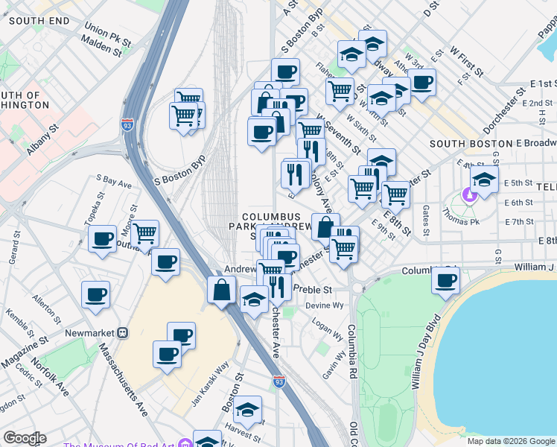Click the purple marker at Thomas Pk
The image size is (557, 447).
coord(468,196)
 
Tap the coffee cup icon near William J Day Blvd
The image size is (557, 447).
coord(446,281)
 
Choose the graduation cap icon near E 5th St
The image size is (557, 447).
coord(484,180)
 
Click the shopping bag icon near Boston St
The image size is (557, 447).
coord(223,290)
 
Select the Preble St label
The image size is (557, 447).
coord(311,289)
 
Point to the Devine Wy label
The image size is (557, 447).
coord(325,305)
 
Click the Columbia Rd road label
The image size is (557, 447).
coord(353,358)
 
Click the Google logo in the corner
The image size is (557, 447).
coord(25,438)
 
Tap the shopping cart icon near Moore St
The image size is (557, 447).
coord(146,233)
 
